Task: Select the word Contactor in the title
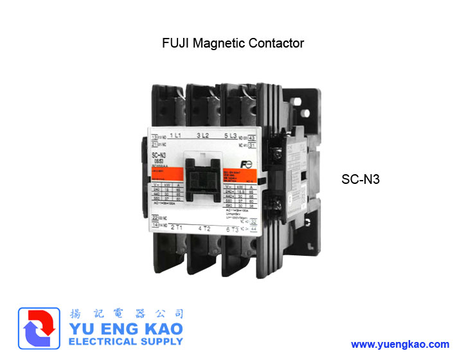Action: click(276, 44)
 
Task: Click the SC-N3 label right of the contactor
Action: click(361, 180)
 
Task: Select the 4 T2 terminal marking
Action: click(204, 228)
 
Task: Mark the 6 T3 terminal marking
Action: click(233, 230)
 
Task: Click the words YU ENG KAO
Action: click(125, 328)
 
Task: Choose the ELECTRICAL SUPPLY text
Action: click(125, 341)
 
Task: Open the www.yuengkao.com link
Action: click(400, 345)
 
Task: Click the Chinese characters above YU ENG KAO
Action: click(125, 314)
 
